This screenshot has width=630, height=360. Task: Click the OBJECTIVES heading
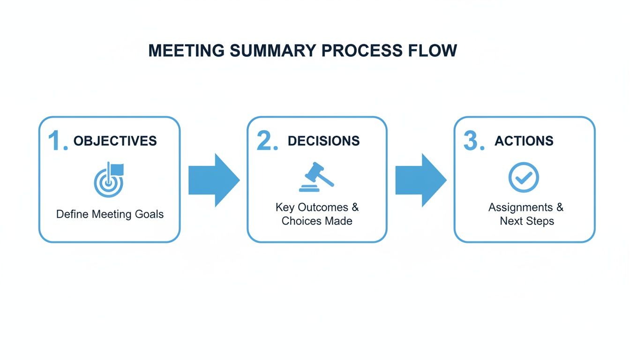pyautogui.click(x=115, y=141)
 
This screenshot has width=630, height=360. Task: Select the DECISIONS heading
pyautogui.click(x=323, y=141)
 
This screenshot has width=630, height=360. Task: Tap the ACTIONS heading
pyautogui.click(x=524, y=141)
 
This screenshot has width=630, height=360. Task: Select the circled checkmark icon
pyautogui.click(x=524, y=177)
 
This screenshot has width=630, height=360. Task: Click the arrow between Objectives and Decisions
pyautogui.click(x=214, y=180)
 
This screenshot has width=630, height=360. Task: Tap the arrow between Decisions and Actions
pyautogui.click(x=420, y=180)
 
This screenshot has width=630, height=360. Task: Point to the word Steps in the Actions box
pyautogui.click(x=540, y=221)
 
